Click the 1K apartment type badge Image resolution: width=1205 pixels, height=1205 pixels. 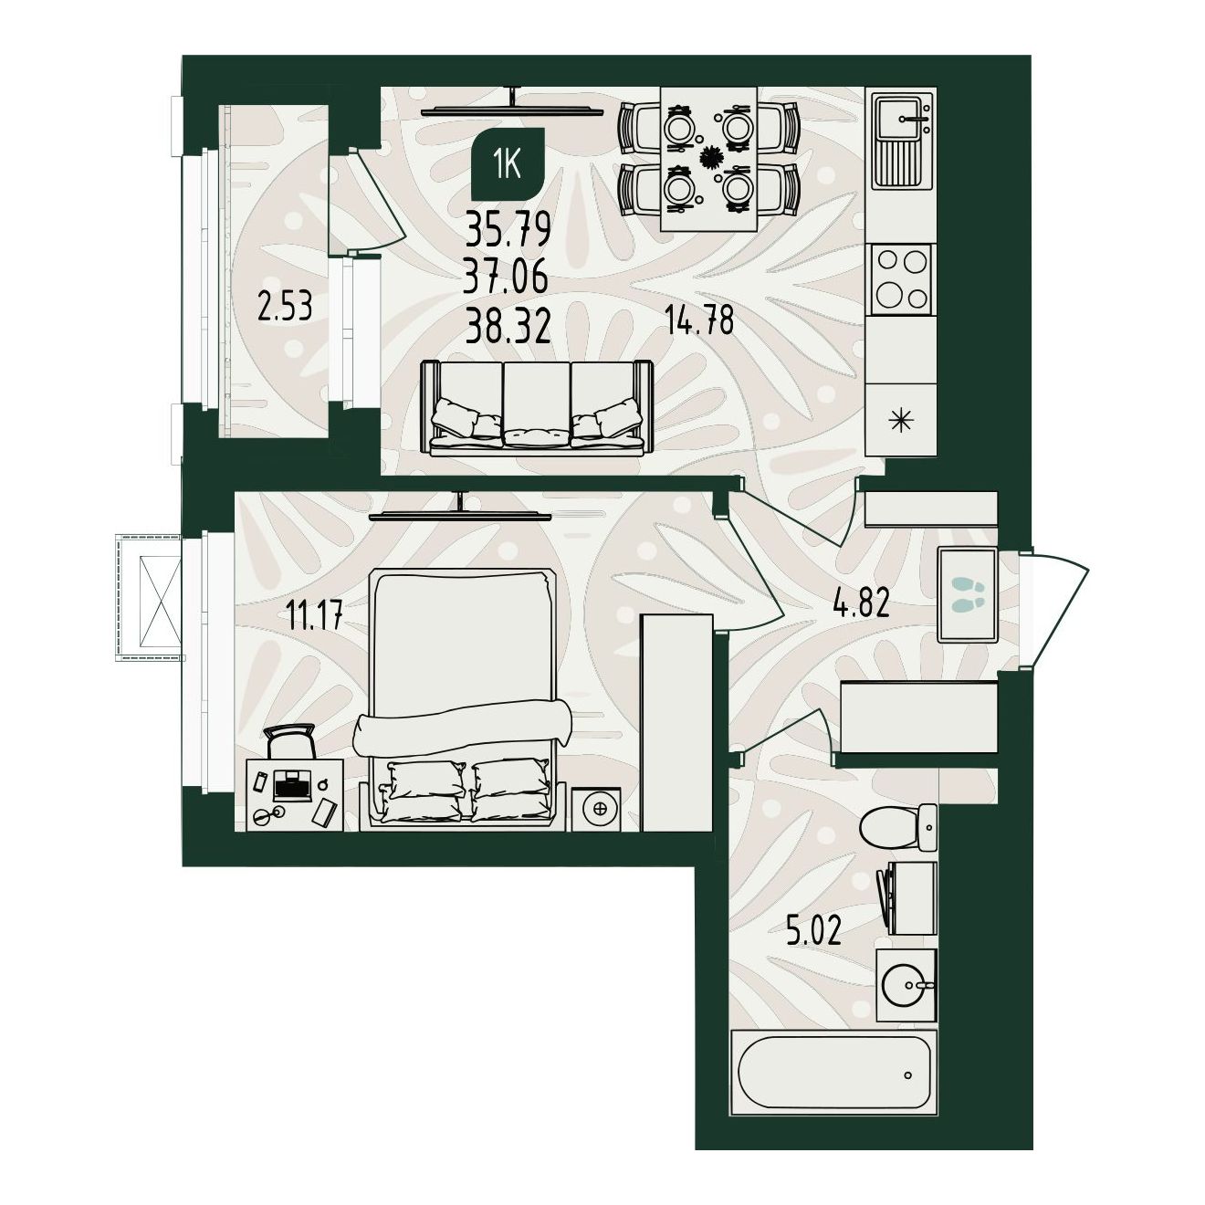click(508, 163)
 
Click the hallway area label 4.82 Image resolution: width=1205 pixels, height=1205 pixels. click(861, 604)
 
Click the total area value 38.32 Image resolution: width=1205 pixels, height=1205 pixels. click(508, 327)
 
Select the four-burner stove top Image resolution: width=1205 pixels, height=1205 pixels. click(901, 278)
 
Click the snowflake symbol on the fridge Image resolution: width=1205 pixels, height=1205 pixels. click(901, 421)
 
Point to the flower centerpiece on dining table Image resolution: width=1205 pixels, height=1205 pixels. click(709, 158)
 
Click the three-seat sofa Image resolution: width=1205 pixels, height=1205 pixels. click(537, 407)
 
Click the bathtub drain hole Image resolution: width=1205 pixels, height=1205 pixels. click(907, 1093)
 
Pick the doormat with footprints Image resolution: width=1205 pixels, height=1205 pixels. click(967, 594)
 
